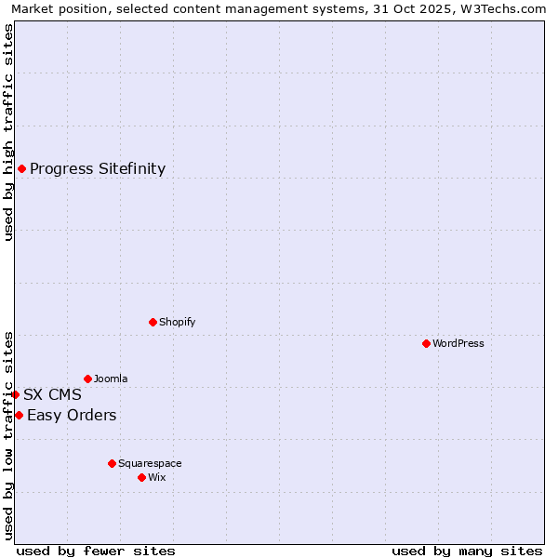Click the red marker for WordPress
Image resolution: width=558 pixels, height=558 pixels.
[426, 343]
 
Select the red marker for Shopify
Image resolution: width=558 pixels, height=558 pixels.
[153, 322]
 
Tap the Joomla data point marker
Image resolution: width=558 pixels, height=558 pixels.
[87, 379]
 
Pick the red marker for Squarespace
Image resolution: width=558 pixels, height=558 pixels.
[112, 463]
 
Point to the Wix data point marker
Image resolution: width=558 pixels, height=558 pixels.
[141, 477]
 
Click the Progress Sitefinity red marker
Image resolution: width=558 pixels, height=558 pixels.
[21, 168]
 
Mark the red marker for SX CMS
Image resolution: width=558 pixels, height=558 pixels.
[15, 394]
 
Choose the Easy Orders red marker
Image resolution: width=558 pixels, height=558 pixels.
[19, 415]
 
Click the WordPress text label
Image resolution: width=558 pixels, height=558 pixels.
[458, 343]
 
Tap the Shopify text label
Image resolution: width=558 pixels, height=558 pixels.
[177, 322]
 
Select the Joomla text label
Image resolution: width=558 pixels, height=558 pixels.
[111, 379]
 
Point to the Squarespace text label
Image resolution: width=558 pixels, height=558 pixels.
[150, 463]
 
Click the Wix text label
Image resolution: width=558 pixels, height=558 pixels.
[157, 477]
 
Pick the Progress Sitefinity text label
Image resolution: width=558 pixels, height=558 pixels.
[98, 168]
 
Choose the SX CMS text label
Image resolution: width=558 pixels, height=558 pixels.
[52, 394]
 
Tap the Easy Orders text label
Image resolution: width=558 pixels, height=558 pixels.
[72, 415]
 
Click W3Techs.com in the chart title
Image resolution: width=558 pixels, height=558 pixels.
[507, 9]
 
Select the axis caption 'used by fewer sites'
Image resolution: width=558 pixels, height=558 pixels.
[96, 551]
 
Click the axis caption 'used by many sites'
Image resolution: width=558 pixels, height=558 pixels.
[467, 551]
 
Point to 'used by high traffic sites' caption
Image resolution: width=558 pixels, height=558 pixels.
[8, 132]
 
